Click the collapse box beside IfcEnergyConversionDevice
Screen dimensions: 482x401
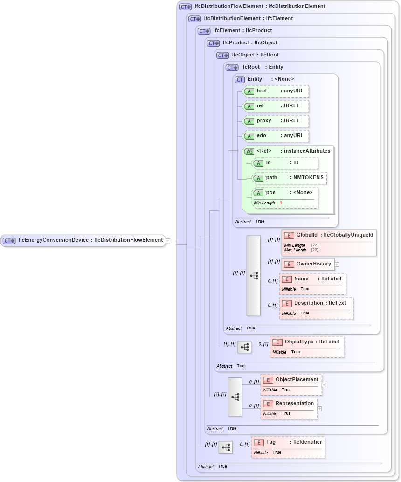point(168,241)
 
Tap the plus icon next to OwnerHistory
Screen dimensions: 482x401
point(337,265)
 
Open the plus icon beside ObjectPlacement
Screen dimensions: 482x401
point(324,385)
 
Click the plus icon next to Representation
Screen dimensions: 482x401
point(319,409)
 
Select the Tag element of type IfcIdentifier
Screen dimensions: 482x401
point(288,442)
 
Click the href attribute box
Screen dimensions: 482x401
point(275,91)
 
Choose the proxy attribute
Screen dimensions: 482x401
point(275,121)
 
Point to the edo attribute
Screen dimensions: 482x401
point(275,136)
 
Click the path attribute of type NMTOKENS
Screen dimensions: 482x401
point(289,178)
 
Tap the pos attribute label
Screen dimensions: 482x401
point(271,193)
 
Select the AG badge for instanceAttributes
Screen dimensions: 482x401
point(249,151)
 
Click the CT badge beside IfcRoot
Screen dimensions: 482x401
point(232,67)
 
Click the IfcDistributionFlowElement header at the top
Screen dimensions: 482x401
point(260,7)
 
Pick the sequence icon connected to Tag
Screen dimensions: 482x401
point(226,447)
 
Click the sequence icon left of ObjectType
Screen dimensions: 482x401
point(244,347)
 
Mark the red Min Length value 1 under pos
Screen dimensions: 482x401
point(281,203)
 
